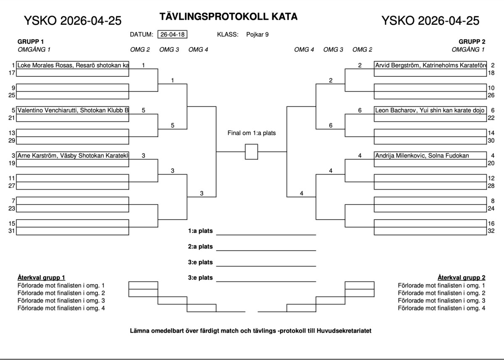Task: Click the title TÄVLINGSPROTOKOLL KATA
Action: (228, 17)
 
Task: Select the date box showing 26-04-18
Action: (173, 34)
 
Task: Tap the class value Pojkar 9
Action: (257, 34)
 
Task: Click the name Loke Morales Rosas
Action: (46, 66)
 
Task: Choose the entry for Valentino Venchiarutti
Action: (50, 110)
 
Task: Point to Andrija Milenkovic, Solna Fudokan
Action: (422, 155)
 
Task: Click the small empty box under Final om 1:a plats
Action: (251, 152)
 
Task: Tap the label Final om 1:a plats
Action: (252, 133)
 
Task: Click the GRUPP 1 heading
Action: (31, 42)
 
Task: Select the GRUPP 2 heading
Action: (472, 42)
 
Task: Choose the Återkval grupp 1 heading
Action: (41, 278)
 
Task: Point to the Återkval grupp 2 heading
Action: (461, 278)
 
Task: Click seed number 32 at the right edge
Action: (491, 231)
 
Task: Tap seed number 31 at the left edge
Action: (12, 231)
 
